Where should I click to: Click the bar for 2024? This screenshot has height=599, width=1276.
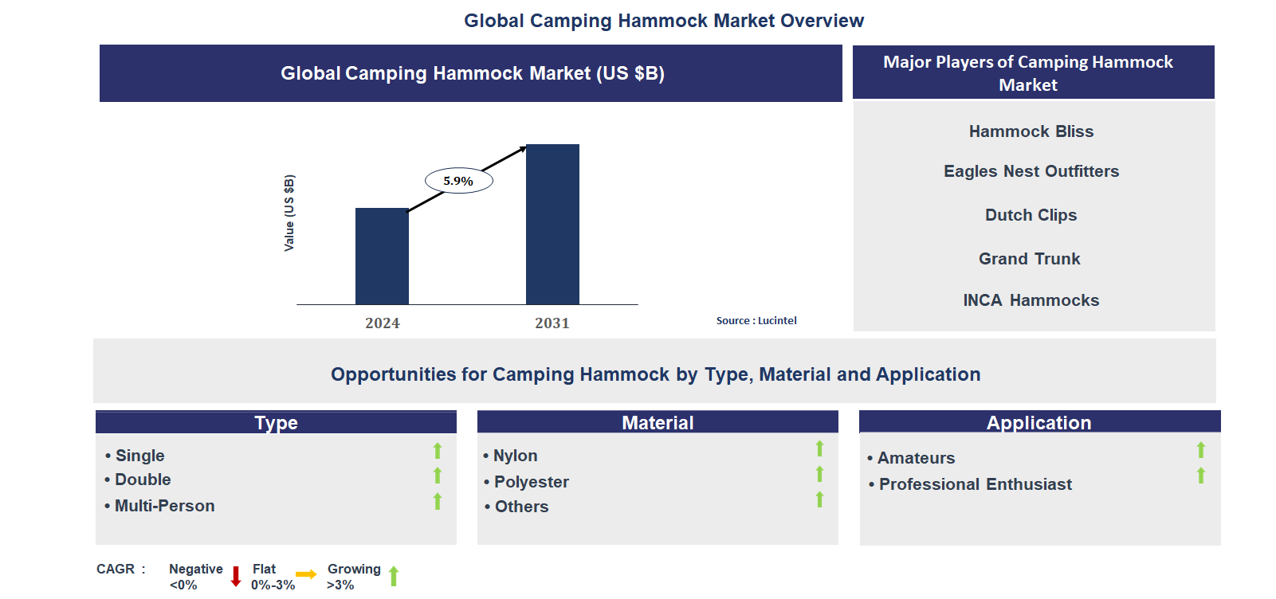click(x=382, y=256)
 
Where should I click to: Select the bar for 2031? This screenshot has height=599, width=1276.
click(x=552, y=224)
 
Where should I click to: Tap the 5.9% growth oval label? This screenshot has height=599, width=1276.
click(x=458, y=181)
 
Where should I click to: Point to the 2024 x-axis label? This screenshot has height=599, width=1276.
click(x=383, y=323)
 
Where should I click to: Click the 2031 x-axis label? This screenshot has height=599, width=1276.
click(x=552, y=323)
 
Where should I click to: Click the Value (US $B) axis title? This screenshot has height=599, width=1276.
click(x=289, y=213)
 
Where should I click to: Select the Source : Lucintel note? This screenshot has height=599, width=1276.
click(x=756, y=321)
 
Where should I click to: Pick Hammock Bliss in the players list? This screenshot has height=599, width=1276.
click(x=1031, y=131)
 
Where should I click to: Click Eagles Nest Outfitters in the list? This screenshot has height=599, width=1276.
click(x=1031, y=171)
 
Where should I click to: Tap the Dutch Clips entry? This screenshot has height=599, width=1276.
click(x=1031, y=215)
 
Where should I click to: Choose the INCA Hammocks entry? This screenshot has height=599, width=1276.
click(x=1031, y=300)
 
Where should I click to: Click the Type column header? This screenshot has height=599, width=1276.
click(x=276, y=423)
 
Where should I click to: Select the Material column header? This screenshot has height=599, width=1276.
click(x=658, y=423)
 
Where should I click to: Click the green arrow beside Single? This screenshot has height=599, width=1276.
click(x=438, y=451)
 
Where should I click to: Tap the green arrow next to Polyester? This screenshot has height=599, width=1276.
click(x=819, y=474)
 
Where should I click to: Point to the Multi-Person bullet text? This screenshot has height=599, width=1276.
click(x=164, y=506)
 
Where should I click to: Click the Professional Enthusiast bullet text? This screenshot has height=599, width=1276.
click(x=975, y=484)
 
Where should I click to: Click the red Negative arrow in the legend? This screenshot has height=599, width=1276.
click(x=236, y=576)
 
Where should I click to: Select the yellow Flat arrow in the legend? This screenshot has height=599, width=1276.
click(x=306, y=574)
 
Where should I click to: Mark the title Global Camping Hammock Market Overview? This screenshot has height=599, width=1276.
click(x=664, y=21)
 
